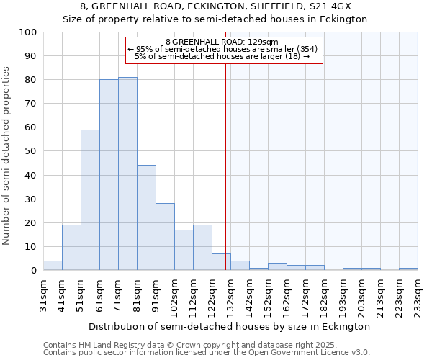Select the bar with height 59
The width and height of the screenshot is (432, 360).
90,199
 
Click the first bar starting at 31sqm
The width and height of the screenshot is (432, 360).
53,265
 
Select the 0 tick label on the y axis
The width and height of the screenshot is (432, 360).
34,270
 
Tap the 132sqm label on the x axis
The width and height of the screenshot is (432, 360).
230,295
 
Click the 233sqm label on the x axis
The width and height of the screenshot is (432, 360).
418,295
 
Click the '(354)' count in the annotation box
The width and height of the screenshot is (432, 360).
305,49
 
